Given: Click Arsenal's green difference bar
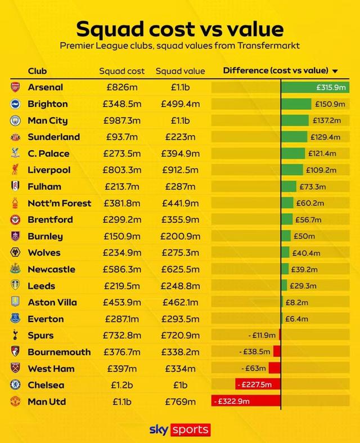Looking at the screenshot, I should [x=314, y=87].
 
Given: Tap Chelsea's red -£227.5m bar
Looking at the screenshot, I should [x=258, y=385].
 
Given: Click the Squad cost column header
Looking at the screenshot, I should [x=122, y=71].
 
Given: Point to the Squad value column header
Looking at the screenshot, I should [x=181, y=71].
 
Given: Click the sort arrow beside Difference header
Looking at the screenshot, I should [x=335, y=71].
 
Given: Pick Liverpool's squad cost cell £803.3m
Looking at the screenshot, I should [x=122, y=170].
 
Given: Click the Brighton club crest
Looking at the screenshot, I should [x=15, y=104].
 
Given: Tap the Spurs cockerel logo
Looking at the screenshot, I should [x=15, y=335].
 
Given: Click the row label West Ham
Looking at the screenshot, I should [x=51, y=369].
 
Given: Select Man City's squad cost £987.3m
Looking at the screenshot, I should [x=122, y=120].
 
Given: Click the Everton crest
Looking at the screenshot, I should [x=15, y=319].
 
